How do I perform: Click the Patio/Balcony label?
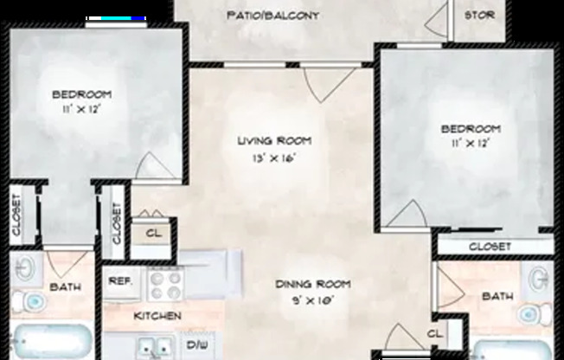pos(273,16)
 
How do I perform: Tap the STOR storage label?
pos(479,15)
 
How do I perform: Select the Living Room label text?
pos(274,141)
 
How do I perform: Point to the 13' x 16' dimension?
pos(274,158)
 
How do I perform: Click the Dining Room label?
pos(313,285)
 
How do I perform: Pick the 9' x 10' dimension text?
pos(313,300)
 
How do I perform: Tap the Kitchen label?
pos(157,316)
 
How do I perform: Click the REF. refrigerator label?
pos(120,281)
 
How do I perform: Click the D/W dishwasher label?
pos(197,345)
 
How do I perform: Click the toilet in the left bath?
pos(30,302)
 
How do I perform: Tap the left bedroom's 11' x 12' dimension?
pos(81,109)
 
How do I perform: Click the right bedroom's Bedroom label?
pos(471,129)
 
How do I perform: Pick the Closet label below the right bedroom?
pos(490,247)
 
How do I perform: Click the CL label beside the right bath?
pos(435,334)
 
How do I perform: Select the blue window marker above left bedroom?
pos(117,18)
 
